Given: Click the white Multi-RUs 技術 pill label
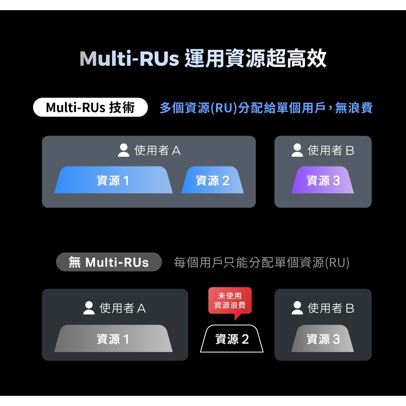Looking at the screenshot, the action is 91,107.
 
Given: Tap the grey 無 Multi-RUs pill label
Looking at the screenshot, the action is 109,262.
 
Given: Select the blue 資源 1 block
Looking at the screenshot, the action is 113,180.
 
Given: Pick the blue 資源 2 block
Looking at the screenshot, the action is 212,180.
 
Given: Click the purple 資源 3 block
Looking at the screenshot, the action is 323,180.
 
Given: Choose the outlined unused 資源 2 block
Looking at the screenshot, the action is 232,339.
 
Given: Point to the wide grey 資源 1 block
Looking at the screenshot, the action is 113,339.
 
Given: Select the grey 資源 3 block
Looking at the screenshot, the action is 323,339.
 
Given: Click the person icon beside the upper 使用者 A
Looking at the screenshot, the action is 123,150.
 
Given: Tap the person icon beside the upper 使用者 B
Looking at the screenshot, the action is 297,150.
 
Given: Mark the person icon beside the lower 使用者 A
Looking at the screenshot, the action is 89,308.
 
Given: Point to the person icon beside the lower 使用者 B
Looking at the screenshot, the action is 297,308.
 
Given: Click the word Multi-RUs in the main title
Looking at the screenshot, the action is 130,58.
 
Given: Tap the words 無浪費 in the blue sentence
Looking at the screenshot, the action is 354,108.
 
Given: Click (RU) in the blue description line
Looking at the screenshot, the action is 224,108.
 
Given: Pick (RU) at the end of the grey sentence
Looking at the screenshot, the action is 337,263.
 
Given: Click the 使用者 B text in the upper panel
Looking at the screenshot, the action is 330,150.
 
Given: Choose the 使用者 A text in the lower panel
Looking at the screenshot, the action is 123,308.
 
